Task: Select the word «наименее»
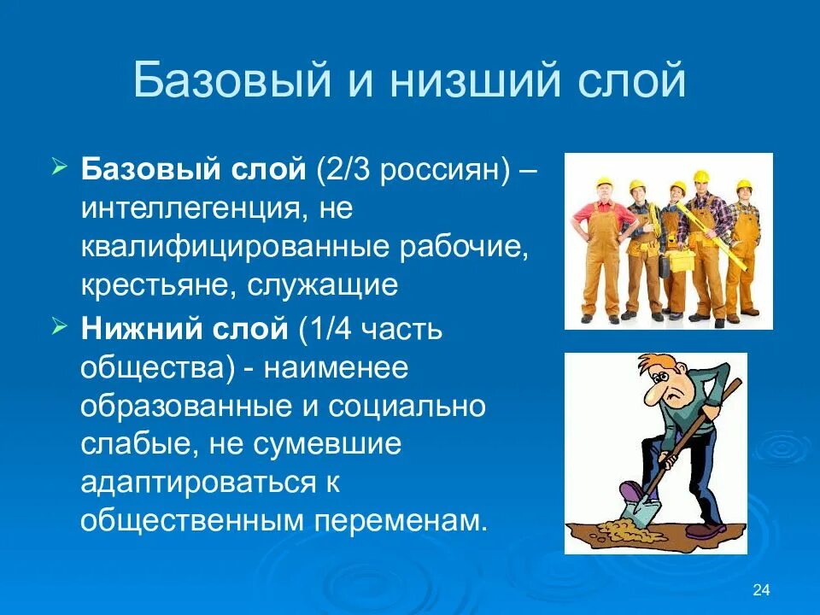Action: [x=335, y=368]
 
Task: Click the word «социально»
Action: [x=413, y=407]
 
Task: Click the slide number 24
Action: [x=763, y=590]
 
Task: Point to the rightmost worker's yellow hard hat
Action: [x=743, y=184]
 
